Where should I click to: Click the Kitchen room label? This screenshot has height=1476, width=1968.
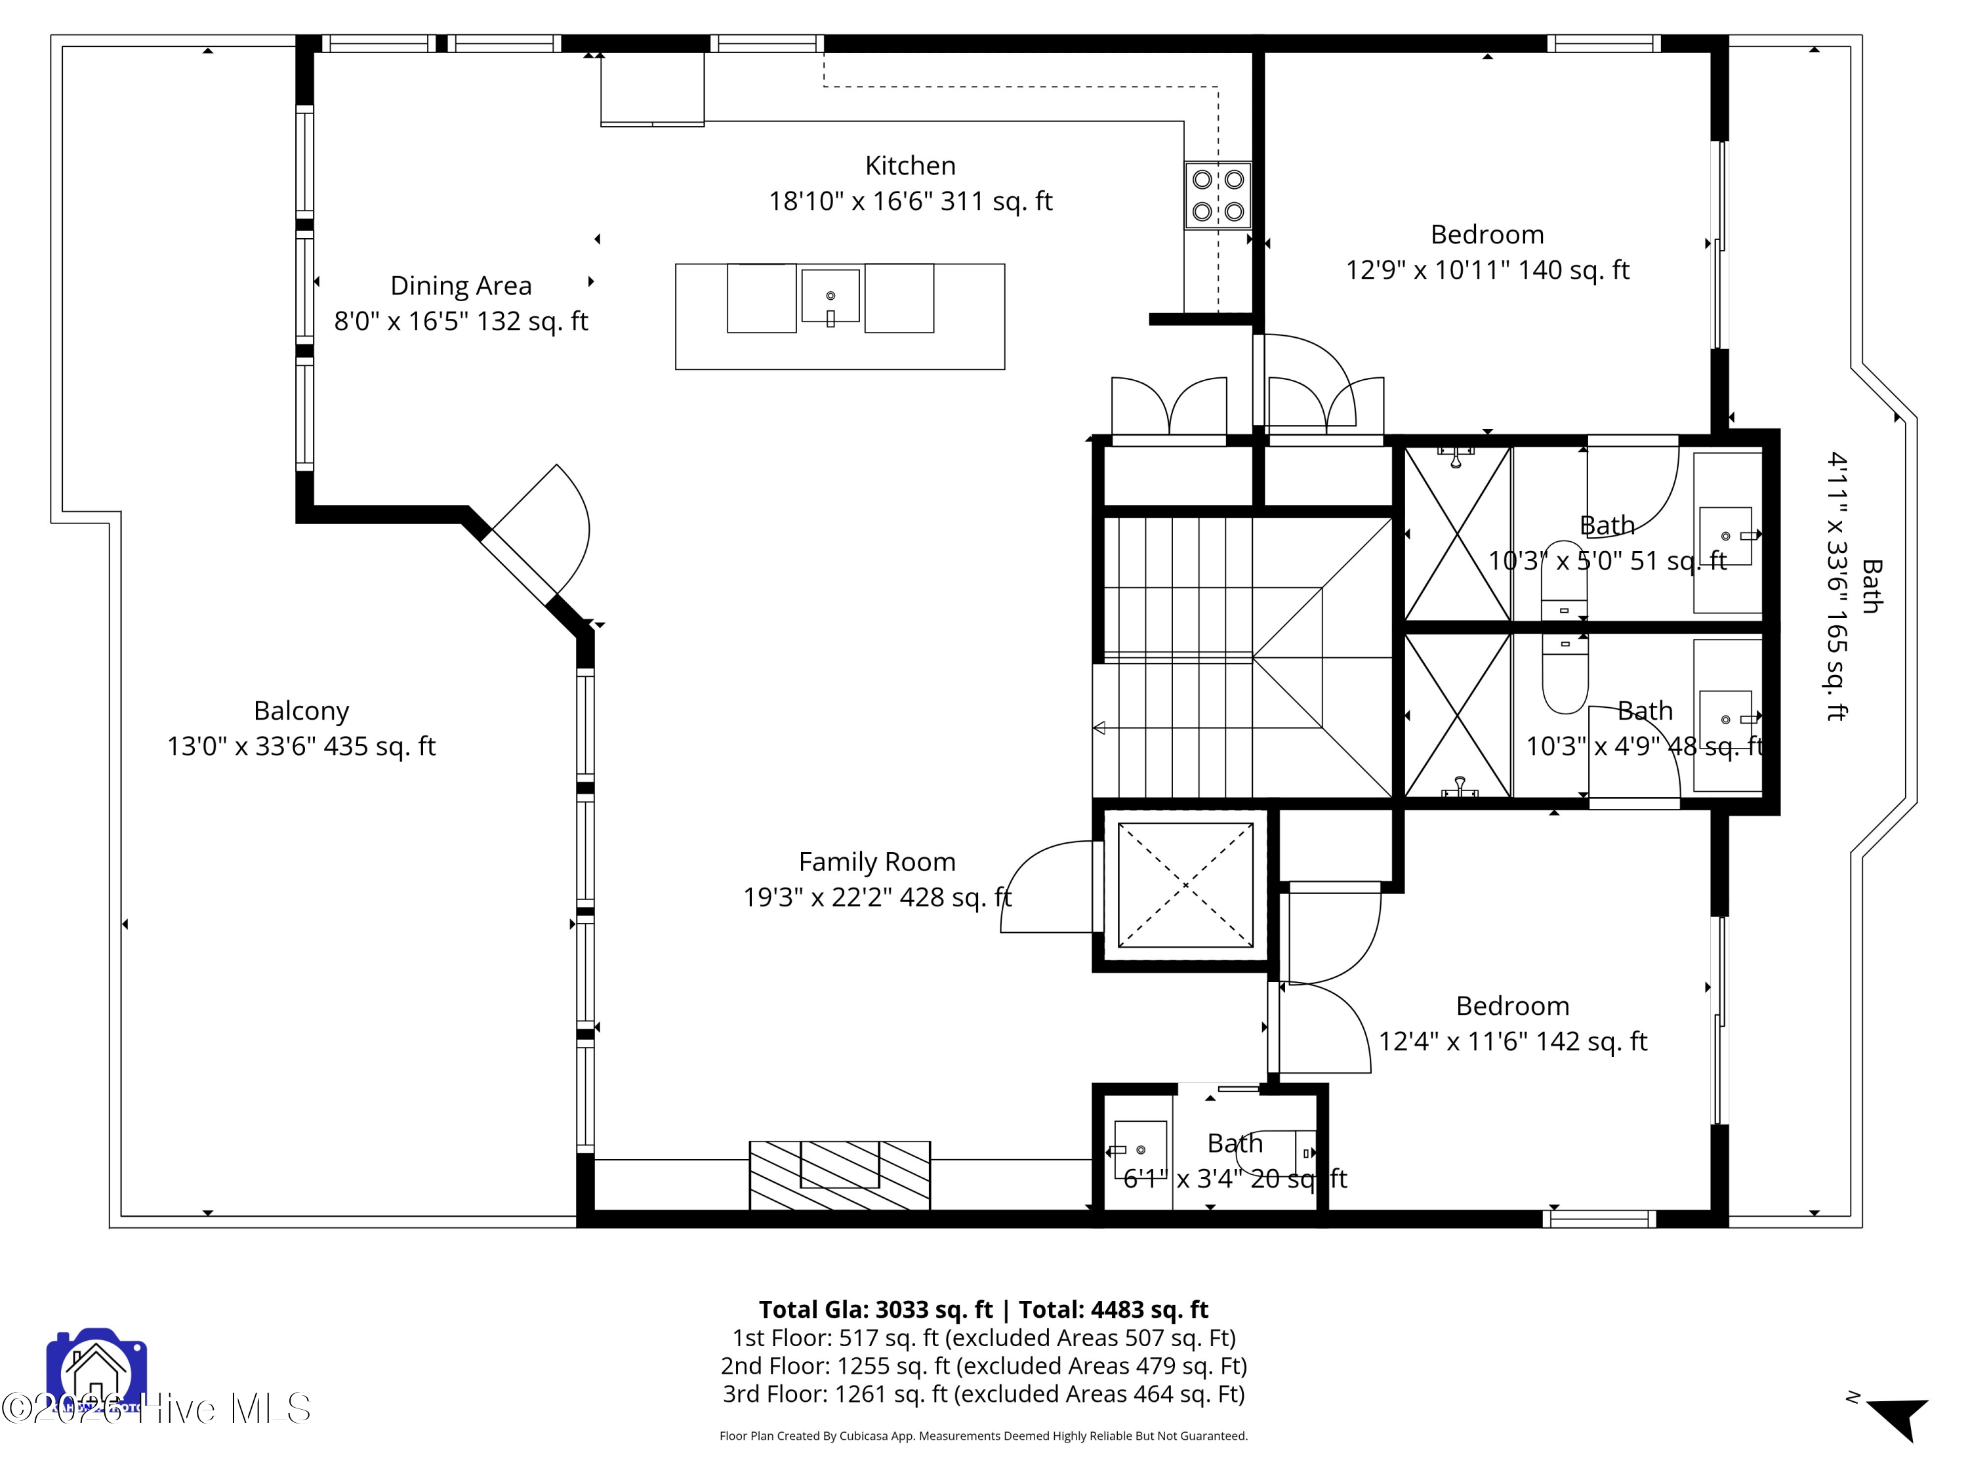[910, 165]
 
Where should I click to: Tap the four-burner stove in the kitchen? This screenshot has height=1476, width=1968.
[1217, 195]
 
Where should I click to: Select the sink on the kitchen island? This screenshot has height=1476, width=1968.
[830, 297]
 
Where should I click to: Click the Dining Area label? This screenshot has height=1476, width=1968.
[461, 285]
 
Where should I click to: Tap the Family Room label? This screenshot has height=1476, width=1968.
[876, 862]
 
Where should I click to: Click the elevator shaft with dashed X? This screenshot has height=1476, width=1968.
[1185, 885]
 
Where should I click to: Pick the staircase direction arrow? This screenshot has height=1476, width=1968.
[1099, 728]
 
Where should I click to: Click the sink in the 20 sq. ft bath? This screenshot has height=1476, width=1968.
[1139, 1149]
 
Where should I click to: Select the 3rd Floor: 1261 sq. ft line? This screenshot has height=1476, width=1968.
[983, 1393]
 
